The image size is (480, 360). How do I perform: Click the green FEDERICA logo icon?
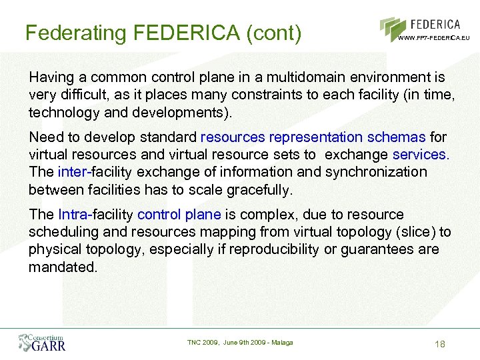[x=393, y=29]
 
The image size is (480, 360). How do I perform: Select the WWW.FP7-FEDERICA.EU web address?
[x=433, y=38]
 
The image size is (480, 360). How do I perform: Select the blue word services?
[x=421, y=155]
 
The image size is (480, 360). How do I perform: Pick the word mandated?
[x=63, y=267]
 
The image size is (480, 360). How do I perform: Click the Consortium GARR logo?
[x=42, y=342]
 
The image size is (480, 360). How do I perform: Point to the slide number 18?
[x=439, y=344]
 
